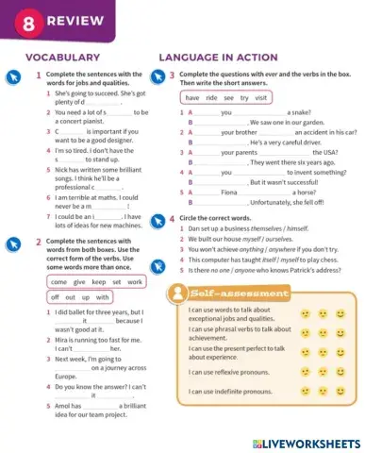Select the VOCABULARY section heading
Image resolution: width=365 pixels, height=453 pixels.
point(64,58)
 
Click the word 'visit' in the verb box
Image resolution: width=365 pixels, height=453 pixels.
point(262,98)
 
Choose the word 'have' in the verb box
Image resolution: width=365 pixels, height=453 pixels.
point(191,98)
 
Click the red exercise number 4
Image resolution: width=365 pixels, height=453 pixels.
point(174,219)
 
